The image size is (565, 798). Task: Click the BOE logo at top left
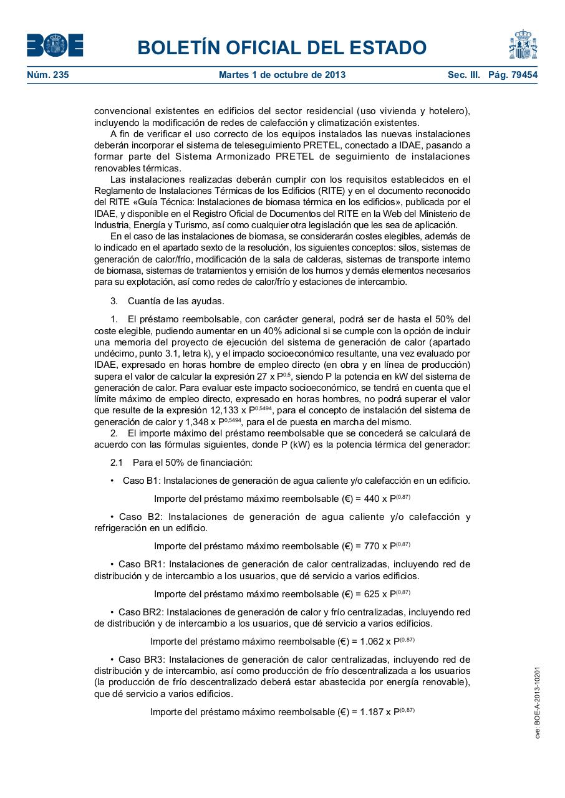click(x=55, y=46)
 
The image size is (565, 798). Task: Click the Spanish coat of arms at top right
click(x=523, y=45)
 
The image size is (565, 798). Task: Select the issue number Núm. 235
click(x=48, y=75)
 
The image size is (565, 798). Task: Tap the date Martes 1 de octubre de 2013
click(x=282, y=75)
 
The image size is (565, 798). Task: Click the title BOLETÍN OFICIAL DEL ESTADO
click(x=282, y=47)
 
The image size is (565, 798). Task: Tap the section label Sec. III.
click(x=464, y=75)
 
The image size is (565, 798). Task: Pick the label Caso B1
click(x=142, y=481)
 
